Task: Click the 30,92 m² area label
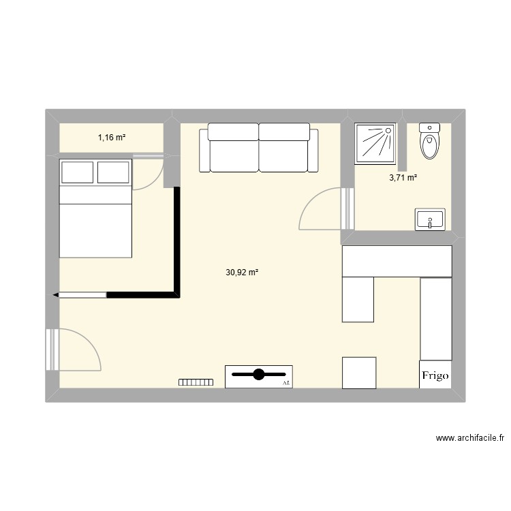point(242,272)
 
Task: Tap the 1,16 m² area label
point(112,138)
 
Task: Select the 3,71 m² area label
point(403,179)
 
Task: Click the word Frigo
point(435,375)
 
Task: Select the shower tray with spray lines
point(375,143)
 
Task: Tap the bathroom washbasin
point(429,220)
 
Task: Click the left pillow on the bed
point(77,172)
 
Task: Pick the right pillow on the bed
point(113,172)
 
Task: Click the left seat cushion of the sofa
point(234,155)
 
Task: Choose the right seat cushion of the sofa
point(284,155)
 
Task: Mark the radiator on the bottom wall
point(196,383)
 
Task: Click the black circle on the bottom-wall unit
point(259,374)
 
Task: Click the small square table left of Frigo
point(359,373)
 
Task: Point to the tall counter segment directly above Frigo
point(436,318)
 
